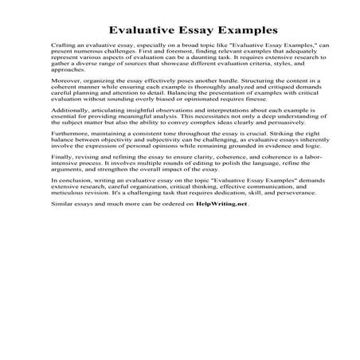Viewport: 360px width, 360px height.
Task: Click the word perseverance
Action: pyautogui.click(x=285, y=216)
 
